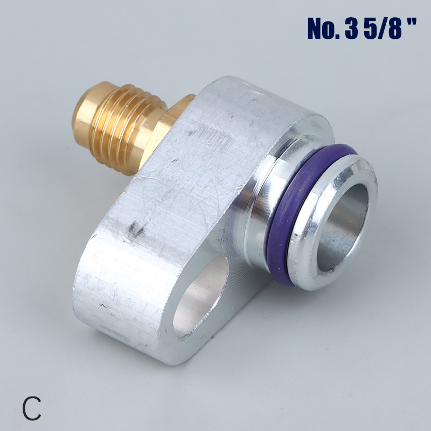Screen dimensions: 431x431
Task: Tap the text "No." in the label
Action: point(324,29)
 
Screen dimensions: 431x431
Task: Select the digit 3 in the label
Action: point(352,29)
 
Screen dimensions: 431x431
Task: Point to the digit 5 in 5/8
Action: point(371,29)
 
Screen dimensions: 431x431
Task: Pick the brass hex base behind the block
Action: point(175,116)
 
